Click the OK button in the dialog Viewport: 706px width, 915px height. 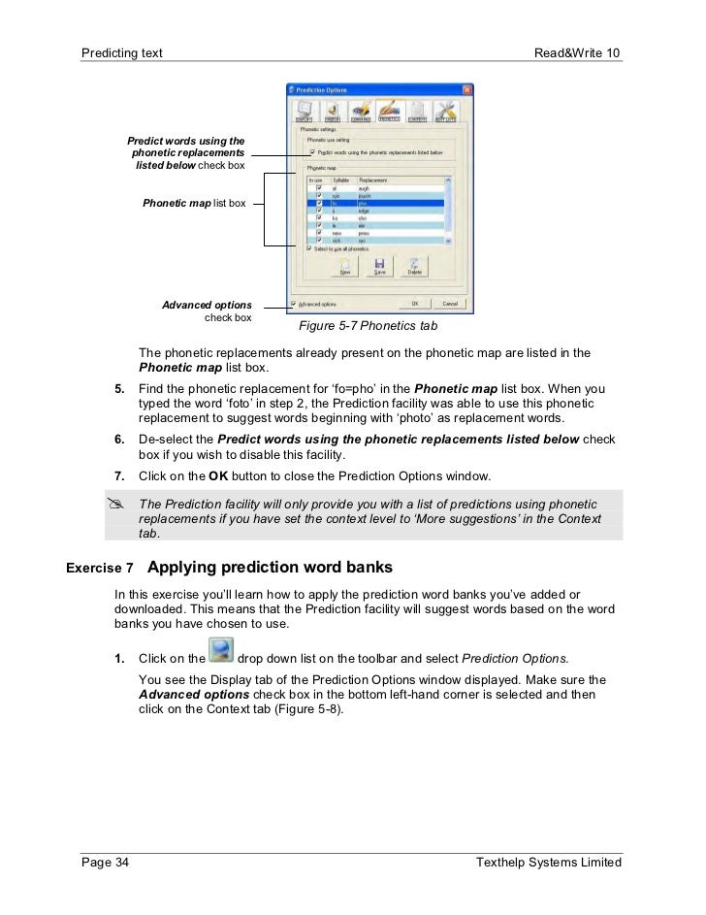[x=414, y=303]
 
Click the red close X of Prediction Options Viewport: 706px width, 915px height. [x=466, y=90]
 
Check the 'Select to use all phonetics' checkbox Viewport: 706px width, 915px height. [x=309, y=248]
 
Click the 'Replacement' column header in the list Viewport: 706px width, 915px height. [x=374, y=180]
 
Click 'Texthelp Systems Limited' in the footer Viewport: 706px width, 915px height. [x=549, y=863]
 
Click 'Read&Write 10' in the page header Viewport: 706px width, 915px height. [x=577, y=50]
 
